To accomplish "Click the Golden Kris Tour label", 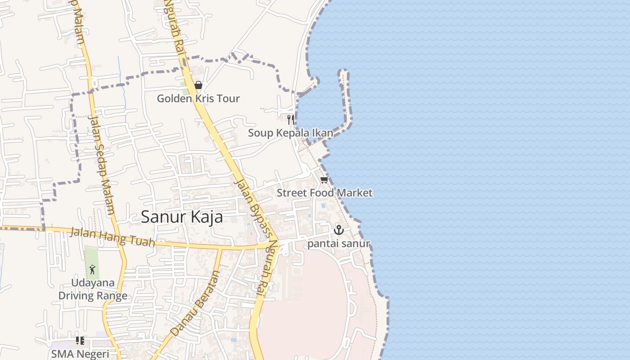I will pos(198,99).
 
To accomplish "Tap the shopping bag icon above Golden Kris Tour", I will pos(198,85).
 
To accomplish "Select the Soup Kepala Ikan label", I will pos(291,133).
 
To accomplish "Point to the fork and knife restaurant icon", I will pos(291,119).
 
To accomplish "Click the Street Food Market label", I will pos(324,193).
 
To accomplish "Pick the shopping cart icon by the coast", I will pos(324,180).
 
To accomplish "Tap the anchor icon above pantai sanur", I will pos(338,230).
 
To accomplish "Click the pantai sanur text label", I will pos(338,244).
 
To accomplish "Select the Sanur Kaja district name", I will pos(182,217).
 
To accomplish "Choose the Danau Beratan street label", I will pos(195,303).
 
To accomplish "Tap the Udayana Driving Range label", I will pos(93,289).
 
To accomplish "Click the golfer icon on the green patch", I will pos(92,270).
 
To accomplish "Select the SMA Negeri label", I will pos(80,354).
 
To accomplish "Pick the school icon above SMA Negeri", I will pos(80,341).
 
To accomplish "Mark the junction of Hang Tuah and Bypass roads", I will pos(279,244).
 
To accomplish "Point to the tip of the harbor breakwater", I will pos(343,72).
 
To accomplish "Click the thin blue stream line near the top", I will pos(121,81).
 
